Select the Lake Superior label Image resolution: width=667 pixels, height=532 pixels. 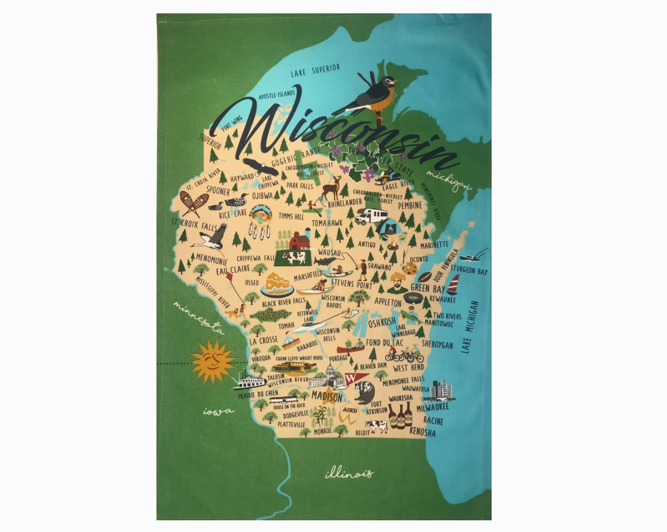[315, 71]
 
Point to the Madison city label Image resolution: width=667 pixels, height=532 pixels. [327, 397]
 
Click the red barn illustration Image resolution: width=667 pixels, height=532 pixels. [299, 240]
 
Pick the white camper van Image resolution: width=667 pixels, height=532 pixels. [371, 216]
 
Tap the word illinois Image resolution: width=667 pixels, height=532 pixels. [349, 474]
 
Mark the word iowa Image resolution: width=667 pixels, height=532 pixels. [218, 412]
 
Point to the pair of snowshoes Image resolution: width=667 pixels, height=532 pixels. [193, 204]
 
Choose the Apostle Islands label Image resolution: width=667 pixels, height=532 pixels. [277, 95]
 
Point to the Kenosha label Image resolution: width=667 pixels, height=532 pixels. [422, 432]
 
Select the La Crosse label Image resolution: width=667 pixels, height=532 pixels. [263, 341]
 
